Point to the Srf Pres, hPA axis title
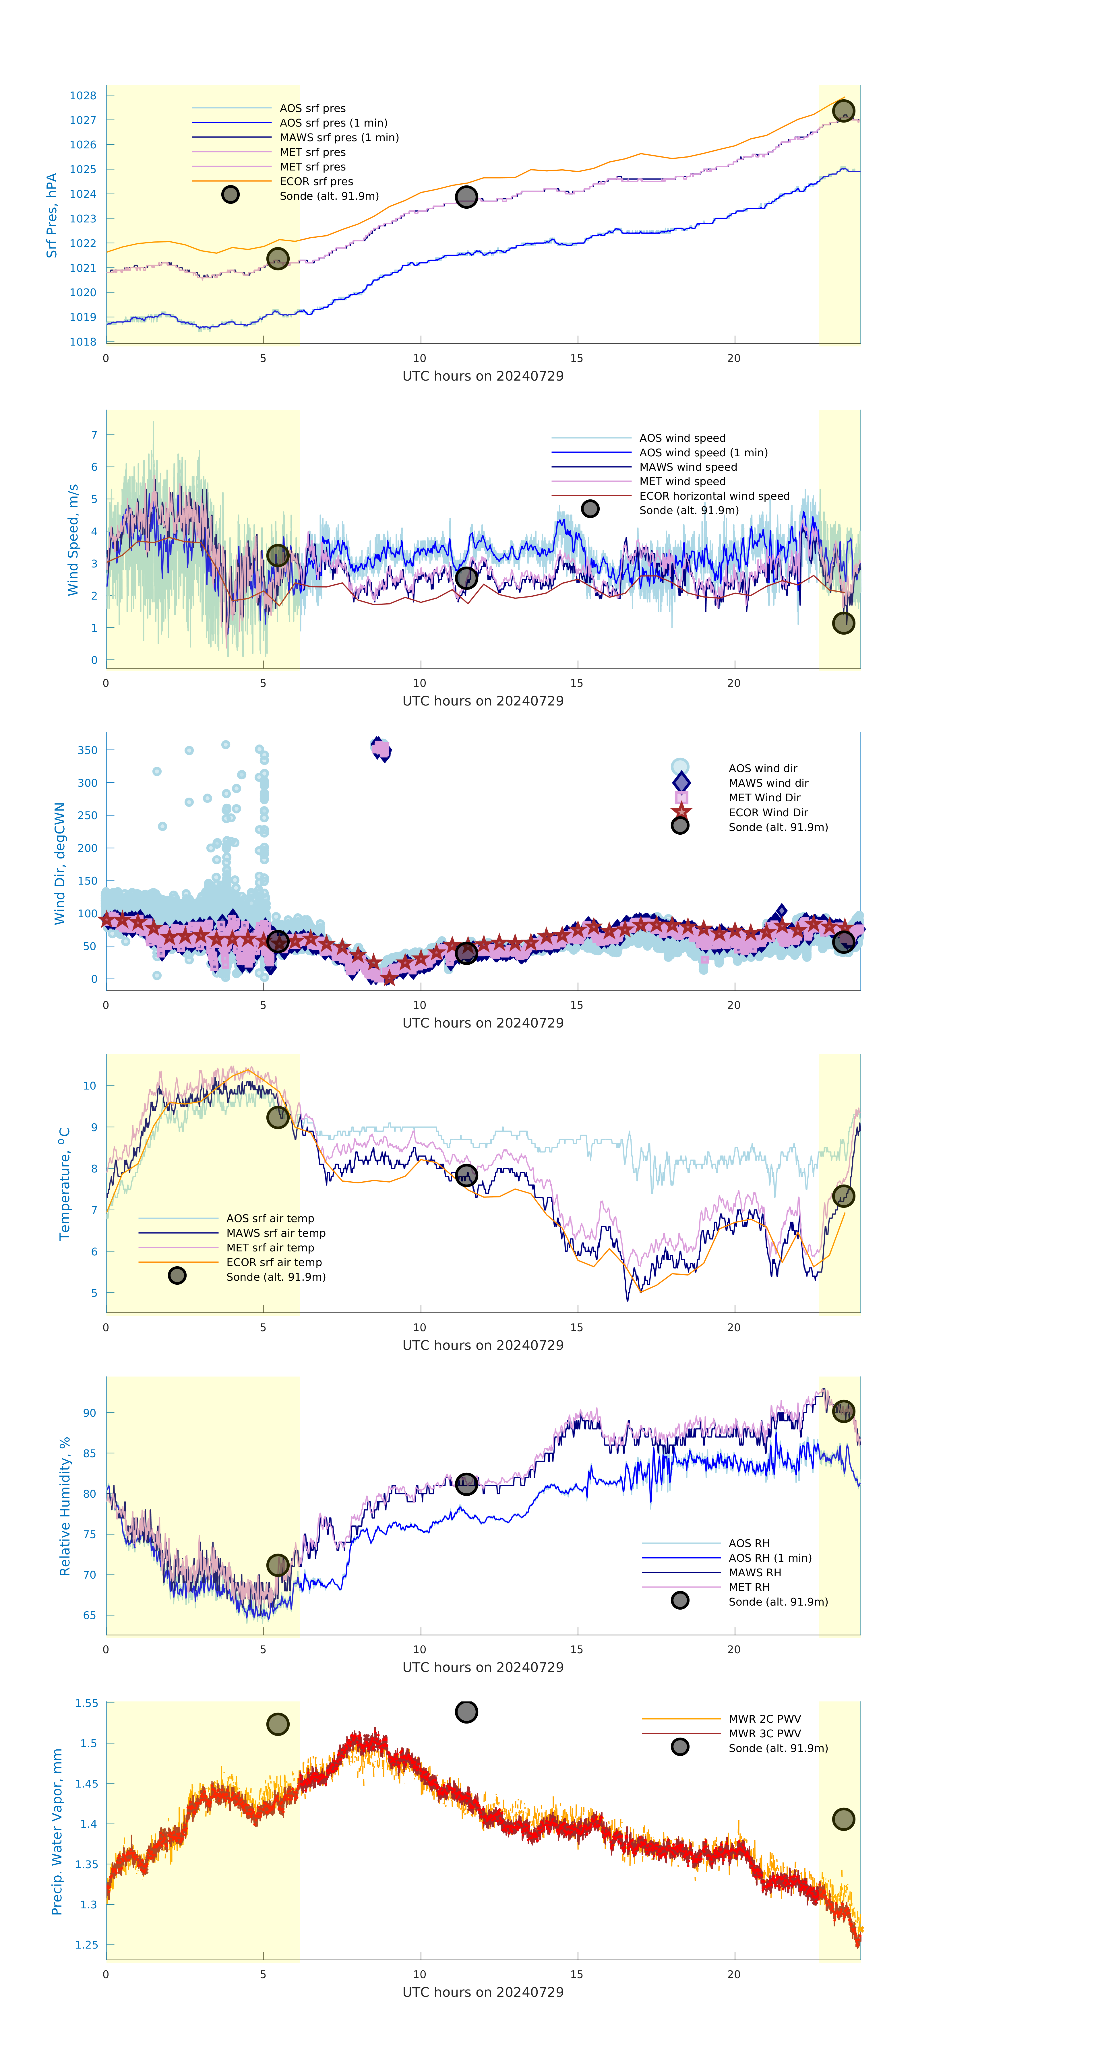pos(52,215)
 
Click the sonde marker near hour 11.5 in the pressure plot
pos(466,197)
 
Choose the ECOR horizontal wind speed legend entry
pos(714,496)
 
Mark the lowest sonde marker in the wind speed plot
pos(843,623)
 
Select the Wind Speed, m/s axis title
pos(73,540)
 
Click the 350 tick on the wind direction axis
pos(87,750)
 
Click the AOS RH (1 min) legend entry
pos(769,1558)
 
